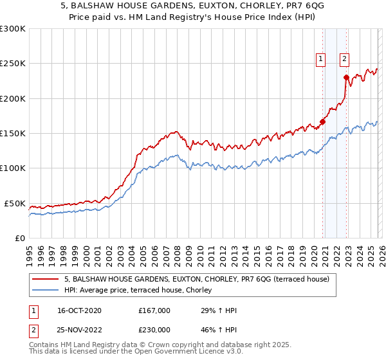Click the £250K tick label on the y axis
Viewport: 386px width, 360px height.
13,64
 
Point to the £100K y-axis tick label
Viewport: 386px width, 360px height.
13,168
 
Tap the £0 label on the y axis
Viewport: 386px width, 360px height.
19,238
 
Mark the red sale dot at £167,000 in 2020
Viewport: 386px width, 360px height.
323,122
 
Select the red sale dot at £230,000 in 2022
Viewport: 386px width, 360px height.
347,78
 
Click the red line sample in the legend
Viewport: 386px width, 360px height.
45,280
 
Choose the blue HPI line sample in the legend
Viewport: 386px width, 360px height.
45,291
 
